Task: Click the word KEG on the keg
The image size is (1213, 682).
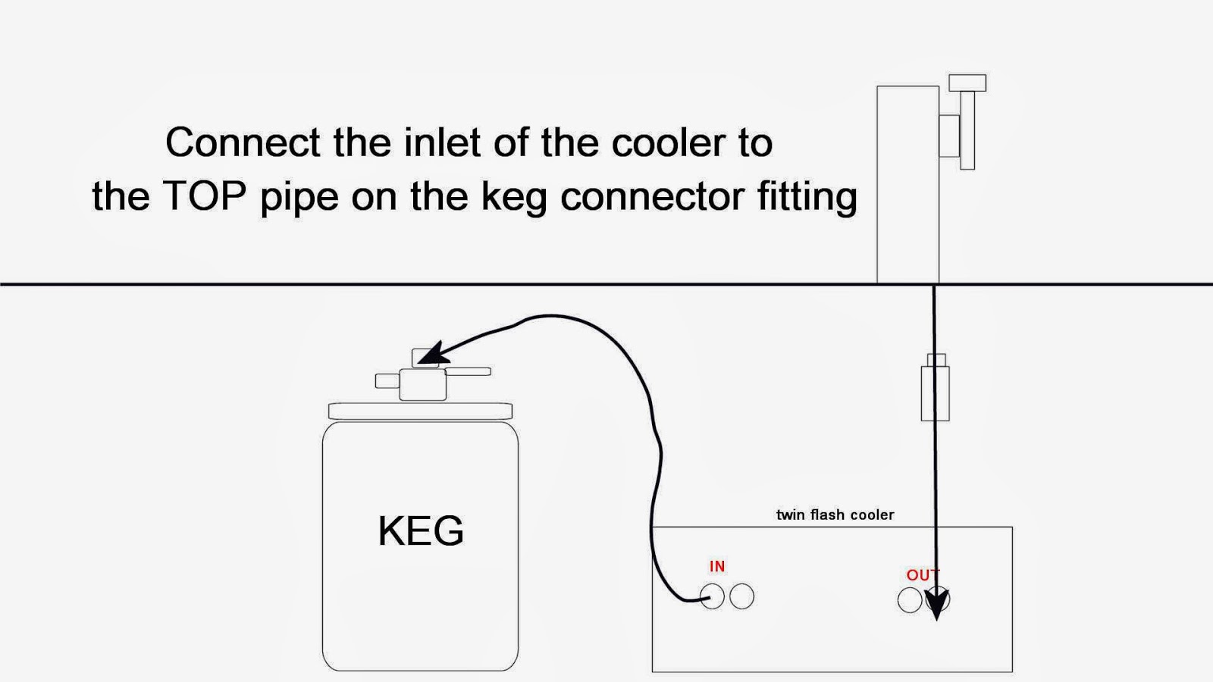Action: click(x=421, y=530)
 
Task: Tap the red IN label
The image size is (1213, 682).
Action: click(x=717, y=566)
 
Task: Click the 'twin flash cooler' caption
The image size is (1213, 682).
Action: click(x=835, y=515)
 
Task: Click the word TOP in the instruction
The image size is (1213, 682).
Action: click(x=205, y=196)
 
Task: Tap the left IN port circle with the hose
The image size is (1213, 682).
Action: click(x=713, y=597)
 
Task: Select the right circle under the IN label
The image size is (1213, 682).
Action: click(x=741, y=597)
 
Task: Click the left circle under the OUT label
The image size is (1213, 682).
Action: click(x=910, y=600)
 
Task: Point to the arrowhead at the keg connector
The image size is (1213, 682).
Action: click(x=430, y=354)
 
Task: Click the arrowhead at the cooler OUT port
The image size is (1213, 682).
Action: click(x=938, y=604)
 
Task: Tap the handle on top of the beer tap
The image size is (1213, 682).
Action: click(x=967, y=83)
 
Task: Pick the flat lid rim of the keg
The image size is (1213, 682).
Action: click(x=420, y=411)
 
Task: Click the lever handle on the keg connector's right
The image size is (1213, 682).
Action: click(x=468, y=371)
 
